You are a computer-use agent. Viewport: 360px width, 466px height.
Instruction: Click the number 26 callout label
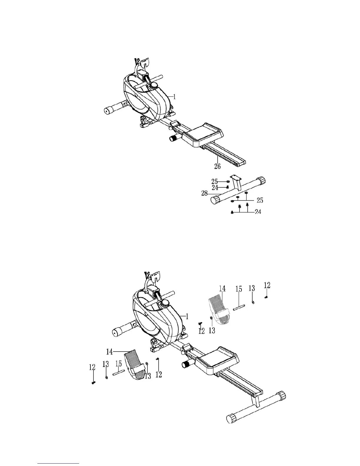click(217, 167)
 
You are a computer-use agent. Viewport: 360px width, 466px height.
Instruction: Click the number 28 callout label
click(204, 193)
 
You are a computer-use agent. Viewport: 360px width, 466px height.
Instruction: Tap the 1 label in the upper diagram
click(174, 96)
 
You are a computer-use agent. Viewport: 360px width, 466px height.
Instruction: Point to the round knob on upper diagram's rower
click(154, 86)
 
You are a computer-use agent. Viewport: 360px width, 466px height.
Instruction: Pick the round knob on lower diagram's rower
click(165, 303)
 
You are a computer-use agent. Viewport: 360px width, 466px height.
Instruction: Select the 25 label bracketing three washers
click(260, 200)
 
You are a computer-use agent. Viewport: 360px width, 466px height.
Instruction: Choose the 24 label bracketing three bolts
click(258, 212)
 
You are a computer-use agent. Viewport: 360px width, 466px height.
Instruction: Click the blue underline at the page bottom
click(58, 463)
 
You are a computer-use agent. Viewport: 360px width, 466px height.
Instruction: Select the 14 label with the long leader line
click(110, 351)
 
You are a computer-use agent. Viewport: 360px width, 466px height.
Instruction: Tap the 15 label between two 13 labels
click(119, 364)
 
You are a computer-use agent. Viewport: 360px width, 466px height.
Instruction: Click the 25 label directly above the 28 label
click(215, 181)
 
